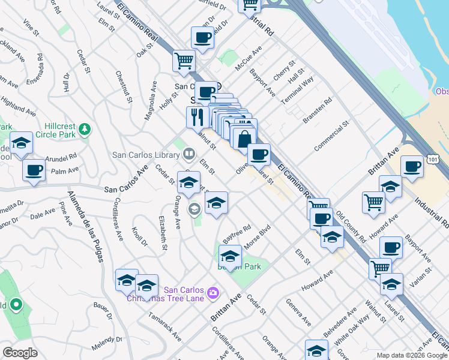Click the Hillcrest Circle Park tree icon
85,129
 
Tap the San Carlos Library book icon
188,155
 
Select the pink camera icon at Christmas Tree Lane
212,293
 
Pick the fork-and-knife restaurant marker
196,116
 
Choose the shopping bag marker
244,139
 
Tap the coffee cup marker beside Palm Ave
34,170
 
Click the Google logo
20,353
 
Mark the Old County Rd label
351,226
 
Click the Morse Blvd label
258,235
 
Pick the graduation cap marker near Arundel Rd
21,145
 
